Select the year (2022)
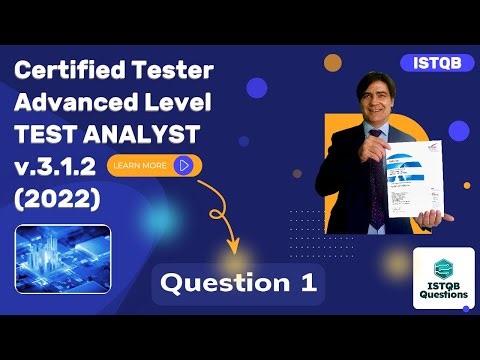(x=58, y=199)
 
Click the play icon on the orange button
(x=184, y=165)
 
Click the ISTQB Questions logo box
(x=443, y=278)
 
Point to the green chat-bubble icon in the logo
(x=443, y=267)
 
